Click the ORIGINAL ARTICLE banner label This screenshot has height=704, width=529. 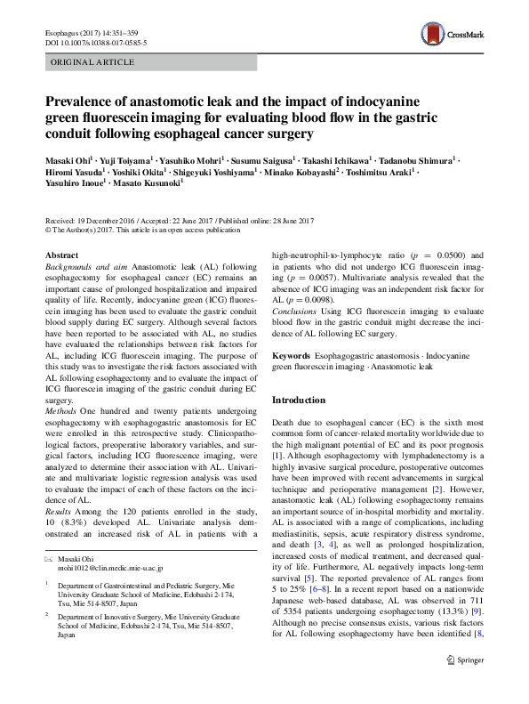tap(92, 62)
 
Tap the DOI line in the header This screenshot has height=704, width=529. tap(96, 42)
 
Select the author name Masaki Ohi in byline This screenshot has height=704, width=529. tap(68, 158)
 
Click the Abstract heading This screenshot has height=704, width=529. tap(61, 255)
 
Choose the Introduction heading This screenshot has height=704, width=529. tap(300, 400)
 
